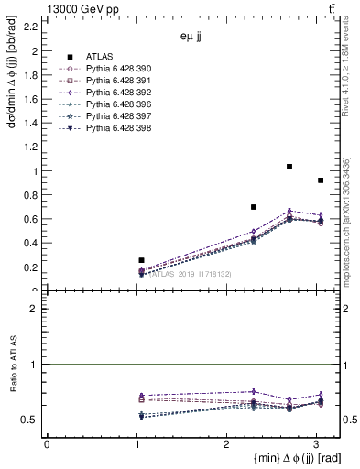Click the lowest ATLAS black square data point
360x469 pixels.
click(x=141, y=260)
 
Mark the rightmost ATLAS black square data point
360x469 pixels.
click(x=320, y=180)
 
